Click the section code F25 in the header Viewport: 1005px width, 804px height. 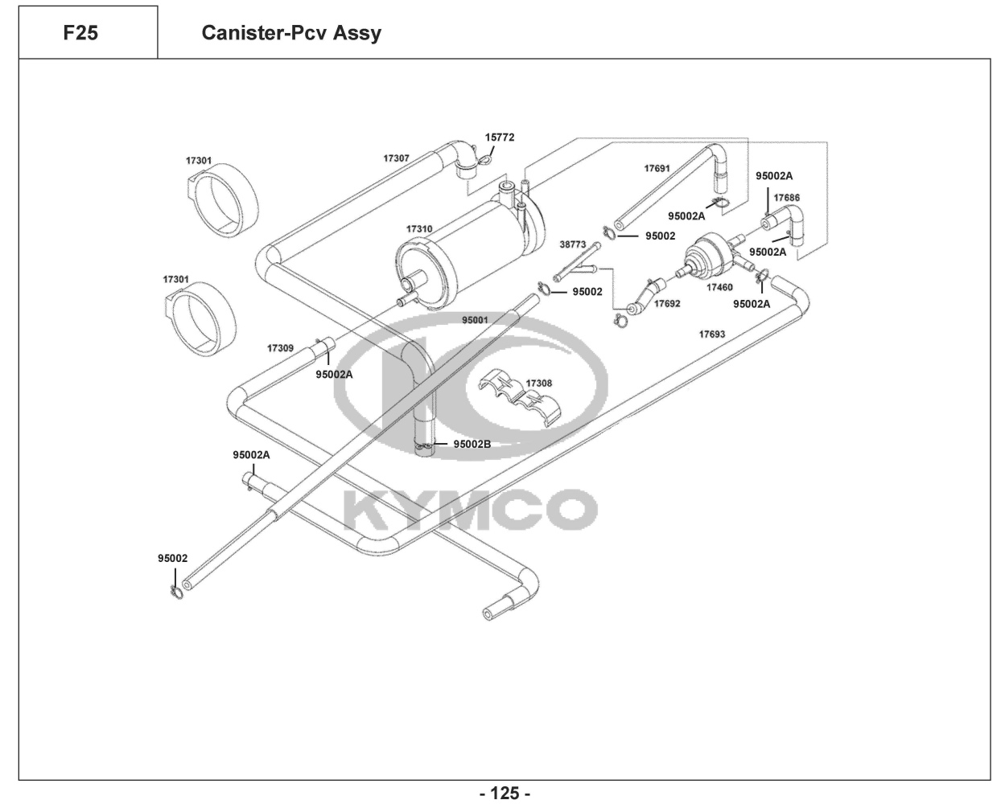(80, 34)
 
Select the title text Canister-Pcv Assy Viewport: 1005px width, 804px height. (291, 34)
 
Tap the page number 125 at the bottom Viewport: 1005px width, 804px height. (505, 794)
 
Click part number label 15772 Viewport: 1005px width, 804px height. (499, 137)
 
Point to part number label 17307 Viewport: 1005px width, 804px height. (396, 158)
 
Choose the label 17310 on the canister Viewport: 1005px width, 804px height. (419, 229)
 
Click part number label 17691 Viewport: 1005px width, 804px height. (657, 169)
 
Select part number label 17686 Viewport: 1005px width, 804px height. (787, 197)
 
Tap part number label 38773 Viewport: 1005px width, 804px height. (572, 243)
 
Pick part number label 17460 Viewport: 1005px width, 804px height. (719, 286)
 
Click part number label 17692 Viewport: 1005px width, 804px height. (667, 304)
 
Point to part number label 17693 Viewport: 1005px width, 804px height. (711, 334)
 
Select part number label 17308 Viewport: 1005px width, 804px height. (539, 384)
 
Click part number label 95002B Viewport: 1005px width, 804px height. (472, 444)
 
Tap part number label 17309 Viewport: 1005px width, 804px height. (280, 348)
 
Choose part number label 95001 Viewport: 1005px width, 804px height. (475, 319)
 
